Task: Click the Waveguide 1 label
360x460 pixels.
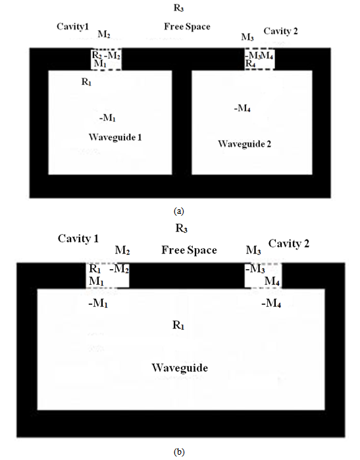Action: [x=115, y=138]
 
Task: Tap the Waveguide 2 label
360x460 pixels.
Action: [x=244, y=143]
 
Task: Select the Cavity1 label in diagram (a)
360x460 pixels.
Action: [x=72, y=27]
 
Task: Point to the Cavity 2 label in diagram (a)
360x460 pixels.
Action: [x=280, y=31]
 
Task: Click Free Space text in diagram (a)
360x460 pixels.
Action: [x=187, y=26]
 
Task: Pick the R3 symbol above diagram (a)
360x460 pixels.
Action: [x=178, y=8]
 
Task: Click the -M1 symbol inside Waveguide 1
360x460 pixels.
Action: [x=107, y=118]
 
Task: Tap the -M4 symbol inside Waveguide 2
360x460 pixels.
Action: [x=242, y=109]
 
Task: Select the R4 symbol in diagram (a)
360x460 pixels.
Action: [x=250, y=63]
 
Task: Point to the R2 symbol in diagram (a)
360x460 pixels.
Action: [x=97, y=55]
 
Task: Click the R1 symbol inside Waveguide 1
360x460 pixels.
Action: [x=86, y=82]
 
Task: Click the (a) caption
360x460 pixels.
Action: [x=178, y=211]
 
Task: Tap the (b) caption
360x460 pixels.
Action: [x=179, y=452]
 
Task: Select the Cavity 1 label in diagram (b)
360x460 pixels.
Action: [x=78, y=238]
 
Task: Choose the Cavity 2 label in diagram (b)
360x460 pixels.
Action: [x=289, y=243]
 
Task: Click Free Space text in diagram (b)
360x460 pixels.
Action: [x=190, y=250]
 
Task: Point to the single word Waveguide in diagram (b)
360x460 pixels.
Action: [x=180, y=368]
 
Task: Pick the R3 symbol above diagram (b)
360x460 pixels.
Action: [x=182, y=228]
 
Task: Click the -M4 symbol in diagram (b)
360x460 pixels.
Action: [x=271, y=303]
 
